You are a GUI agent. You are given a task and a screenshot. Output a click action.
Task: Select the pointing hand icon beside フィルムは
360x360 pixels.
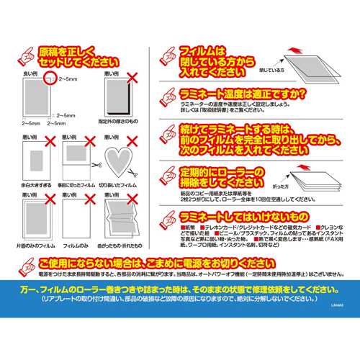click(x=169, y=55)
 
